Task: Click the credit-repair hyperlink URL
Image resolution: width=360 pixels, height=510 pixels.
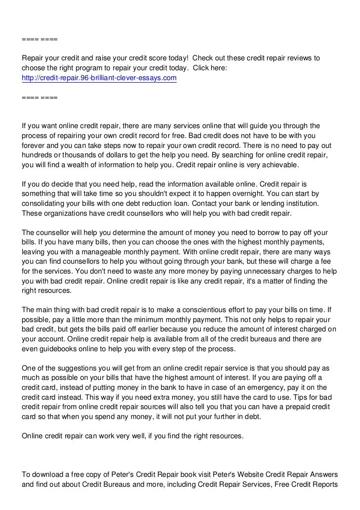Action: pos(99,78)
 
